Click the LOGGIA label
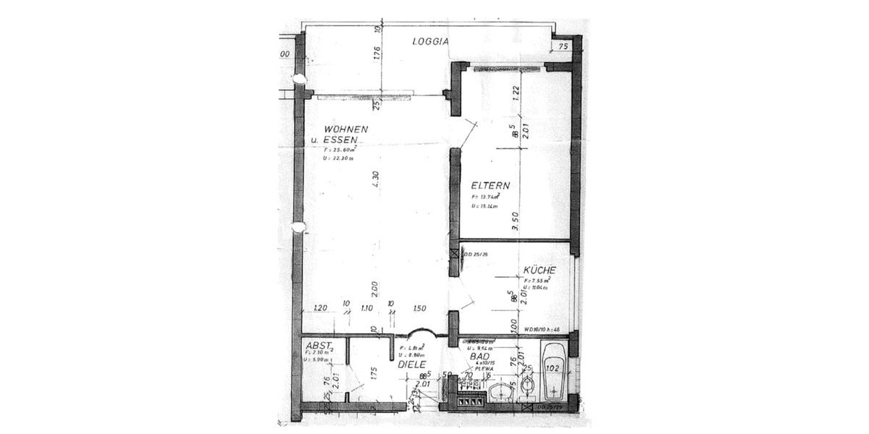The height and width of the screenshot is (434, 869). pyautogui.click(x=431, y=41)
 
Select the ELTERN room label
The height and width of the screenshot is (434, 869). pyautogui.click(x=490, y=185)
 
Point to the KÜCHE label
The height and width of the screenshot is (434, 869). pyautogui.click(x=539, y=270)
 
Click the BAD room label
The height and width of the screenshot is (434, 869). pyautogui.click(x=479, y=357)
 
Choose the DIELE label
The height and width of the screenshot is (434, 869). pyautogui.click(x=412, y=365)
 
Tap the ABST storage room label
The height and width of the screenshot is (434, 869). pyautogui.click(x=319, y=345)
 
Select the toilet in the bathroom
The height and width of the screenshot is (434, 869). pyautogui.click(x=528, y=391)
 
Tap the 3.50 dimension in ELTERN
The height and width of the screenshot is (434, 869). pyautogui.click(x=515, y=221)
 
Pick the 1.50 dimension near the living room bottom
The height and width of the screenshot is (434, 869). pyautogui.click(x=420, y=308)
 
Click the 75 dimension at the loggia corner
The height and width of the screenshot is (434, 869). pyautogui.click(x=564, y=46)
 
